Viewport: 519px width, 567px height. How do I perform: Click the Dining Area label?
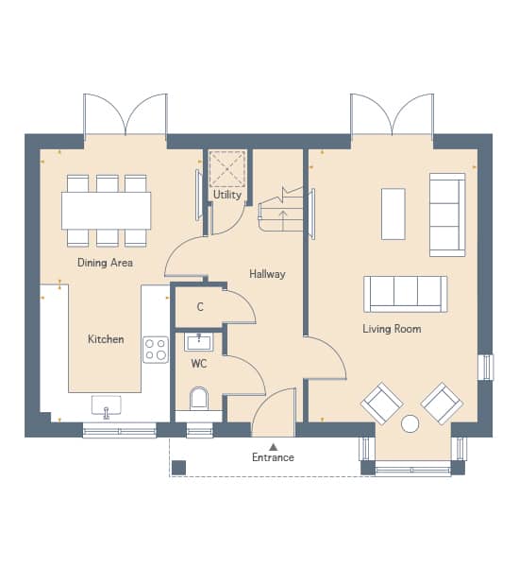pyautogui.click(x=105, y=263)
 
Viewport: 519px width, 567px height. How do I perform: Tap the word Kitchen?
pyautogui.click(x=106, y=339)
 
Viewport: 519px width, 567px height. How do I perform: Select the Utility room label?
pyautogui.click(x=227, y=195)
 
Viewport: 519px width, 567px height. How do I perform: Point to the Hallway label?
pyautogui.click(x=267, y=274)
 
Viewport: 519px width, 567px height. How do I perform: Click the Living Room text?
pyautogui.click(x=392, y=329)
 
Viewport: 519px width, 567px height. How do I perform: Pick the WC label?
pyautogui.click(x=199, y=364)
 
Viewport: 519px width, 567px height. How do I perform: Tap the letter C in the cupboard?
pyautogui.click(x=200, y=307)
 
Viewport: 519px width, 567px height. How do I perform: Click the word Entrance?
pyautogui.click(x=273, y=457)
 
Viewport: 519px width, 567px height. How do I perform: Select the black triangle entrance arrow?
pyautogui.click(x=274, y=447)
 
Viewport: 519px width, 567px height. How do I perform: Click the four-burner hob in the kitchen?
pyautogui.click(x=156, y=350)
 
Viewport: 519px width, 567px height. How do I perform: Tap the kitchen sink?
pyautogui.click(x=107, y=405)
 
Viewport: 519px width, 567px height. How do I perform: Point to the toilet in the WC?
pyautogui.click(x=199, y=399)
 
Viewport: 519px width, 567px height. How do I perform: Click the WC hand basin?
pyautogui.click(x=199, y=342)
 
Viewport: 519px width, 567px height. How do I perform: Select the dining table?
pyautogui.click(x=107, y=211)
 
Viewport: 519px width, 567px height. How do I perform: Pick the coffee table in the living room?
pyautogui.click(x=393, y=215)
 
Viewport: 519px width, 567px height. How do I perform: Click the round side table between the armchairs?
pyautogui.click(x=410, y=423)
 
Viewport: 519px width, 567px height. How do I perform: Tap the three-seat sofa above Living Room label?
pyautogui.click(x=405, y=294)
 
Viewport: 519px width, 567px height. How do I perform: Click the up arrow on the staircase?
pyautogui.click(x=283, y=220)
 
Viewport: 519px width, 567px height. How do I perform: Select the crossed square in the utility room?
pyautogui.click(x=227, y=169)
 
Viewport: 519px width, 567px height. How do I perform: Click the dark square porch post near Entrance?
pyautogui.click(x=178, y=468)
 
